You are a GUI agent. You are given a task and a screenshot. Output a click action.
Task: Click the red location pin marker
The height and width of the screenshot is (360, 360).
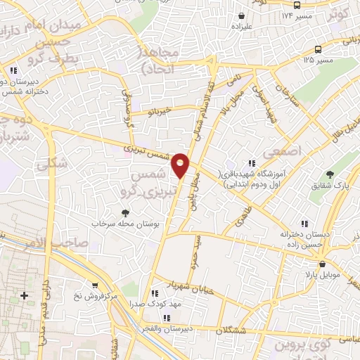pyautogui.click(x=181, y=164)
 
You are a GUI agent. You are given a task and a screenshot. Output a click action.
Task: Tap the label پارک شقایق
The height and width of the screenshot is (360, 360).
pyautogui.click(x=331, y=186)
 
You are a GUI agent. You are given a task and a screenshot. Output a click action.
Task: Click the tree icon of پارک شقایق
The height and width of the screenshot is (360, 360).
pyautogui.click(x=331, y=174)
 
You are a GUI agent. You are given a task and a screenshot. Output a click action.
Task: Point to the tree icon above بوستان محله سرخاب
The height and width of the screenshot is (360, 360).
pyautogui.click(x=126, y=212)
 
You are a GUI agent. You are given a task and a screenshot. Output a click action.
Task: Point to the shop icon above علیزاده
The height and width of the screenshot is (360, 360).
pyautogui.click(x=241, y=15)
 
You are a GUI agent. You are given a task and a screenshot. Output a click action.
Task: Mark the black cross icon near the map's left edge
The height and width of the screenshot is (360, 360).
pyautogui.click(x=25, y=295)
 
